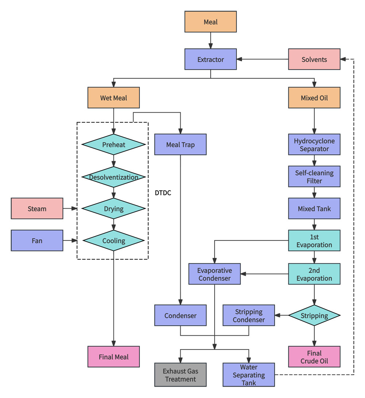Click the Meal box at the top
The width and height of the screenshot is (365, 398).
pyautogui.click(x=211, y=22)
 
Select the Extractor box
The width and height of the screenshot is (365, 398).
pyautogui.click(x=211, y=59)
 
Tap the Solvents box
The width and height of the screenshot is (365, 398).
pyautogui.click(x=314, y=59)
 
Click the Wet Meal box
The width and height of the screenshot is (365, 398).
pyautogui.click(x=114, y=98)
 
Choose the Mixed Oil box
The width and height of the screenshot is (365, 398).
pyautogui.click(x=314, y=98)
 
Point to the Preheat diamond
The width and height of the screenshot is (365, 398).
pyautogui.click(x=114, y=144)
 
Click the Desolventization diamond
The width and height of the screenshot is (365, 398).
pyautogui.click(x=114, y=177)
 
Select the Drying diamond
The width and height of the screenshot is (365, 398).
pyautogui.click(x=114, y=209)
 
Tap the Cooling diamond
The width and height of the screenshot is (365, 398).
pyautogui.click(x=114, y=240)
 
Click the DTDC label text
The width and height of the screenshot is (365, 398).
pyautogui.click(x=163, y=193)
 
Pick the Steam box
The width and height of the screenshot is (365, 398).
pyautogui.click(x=37, y=209)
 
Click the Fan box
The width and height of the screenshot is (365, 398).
pyautogui.click(x=37, y=240)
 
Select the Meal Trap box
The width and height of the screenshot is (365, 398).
pyautogui.click(x=180, y=144)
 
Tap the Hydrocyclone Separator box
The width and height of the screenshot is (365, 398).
pyautogui.click(x=314, y=144)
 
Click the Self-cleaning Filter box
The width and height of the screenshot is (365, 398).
pyautogui.click(x=314, y=177)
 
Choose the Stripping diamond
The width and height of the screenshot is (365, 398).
pyautogui.click(x=314, y=315)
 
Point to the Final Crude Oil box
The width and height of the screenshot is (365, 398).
pyautogui.click(x=314, y=357)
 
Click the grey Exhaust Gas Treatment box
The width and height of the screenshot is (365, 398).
pyautogui.click(x=180, y=375)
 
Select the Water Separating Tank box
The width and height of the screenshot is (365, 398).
pyautogui.click(x=249, y=375)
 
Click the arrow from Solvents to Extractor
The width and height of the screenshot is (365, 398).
pyautogui.click(x=263, y=59)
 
